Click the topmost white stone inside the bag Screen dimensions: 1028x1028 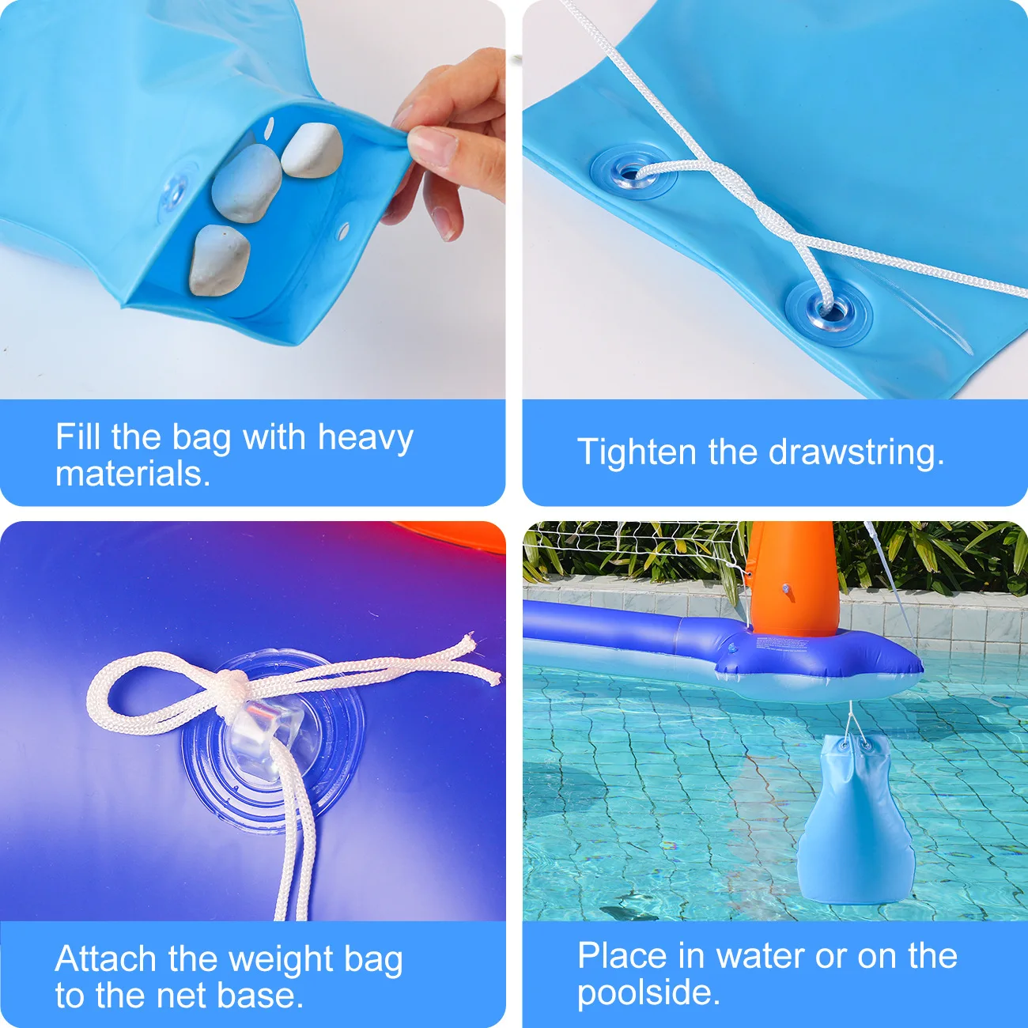[312, 150]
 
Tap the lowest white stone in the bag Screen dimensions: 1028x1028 [219, 260]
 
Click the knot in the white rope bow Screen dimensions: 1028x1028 [230, 682]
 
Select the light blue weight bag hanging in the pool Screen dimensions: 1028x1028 [854, 822]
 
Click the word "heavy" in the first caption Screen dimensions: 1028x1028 [365, 437]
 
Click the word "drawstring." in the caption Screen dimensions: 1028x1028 [856, 452]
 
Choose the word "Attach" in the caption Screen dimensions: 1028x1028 [106, 959]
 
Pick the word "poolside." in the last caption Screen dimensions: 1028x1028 [648, 992]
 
